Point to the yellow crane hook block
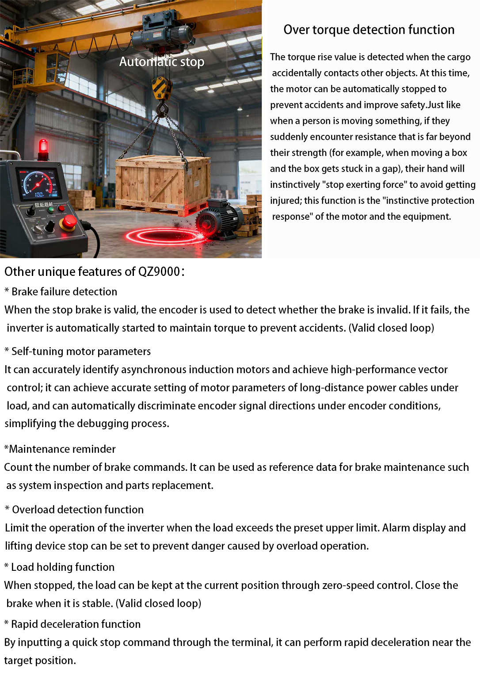(x=162, y=88)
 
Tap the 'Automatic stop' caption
(x=162, y=61)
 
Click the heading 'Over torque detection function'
(x=369, y=30)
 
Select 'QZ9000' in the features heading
(x=159, y=271)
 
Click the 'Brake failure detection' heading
(x=64, y=292)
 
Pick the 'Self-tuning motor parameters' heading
(x=81, y=352)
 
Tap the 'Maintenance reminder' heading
(x=62, y=449)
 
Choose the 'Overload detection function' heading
(x=78, y=510)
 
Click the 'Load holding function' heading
(x=63, y=567)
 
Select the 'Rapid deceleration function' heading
(x=76, y=624)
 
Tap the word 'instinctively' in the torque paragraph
(x=295, y=185)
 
